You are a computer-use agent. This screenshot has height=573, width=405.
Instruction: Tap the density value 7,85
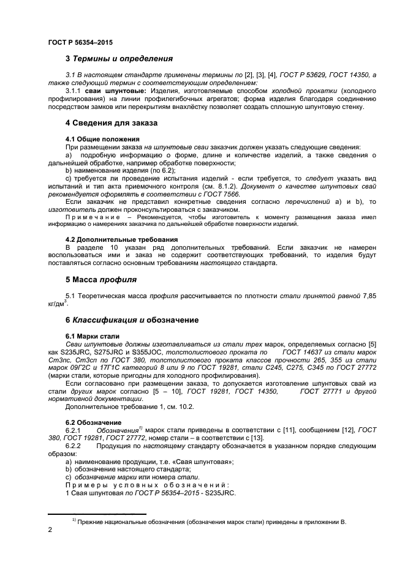point(368,296)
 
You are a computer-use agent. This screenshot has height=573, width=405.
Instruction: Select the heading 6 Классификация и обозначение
point(131,320)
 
